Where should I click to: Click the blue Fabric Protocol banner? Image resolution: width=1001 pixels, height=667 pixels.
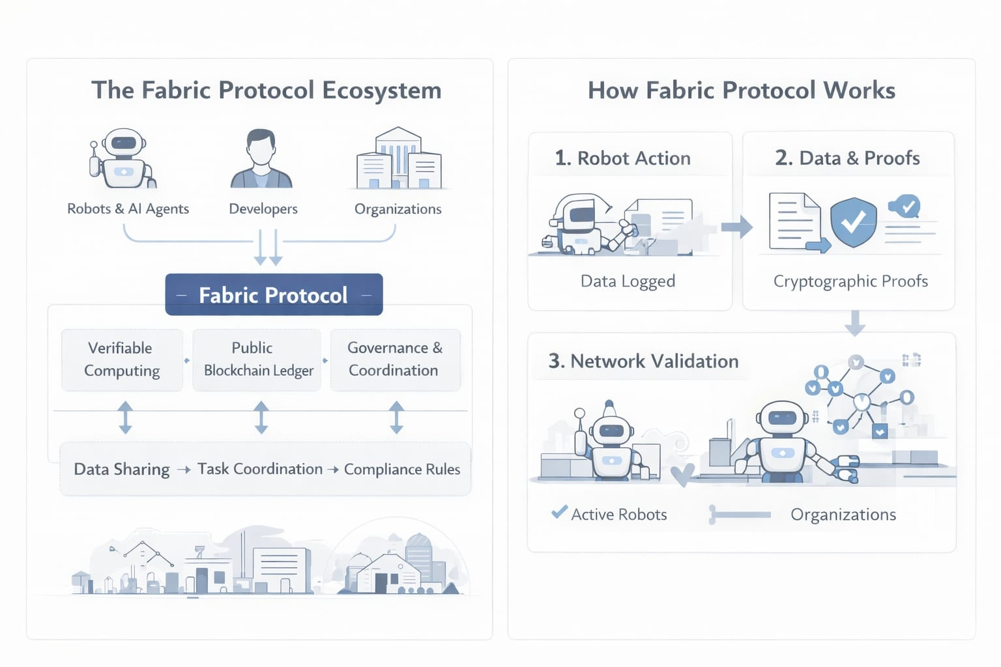tap(274, 295)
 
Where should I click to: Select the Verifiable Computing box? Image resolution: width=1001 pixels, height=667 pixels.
tap(122, 360)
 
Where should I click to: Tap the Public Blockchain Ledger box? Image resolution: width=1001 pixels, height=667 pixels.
tap(257, 360)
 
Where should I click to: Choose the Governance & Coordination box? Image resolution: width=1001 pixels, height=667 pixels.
tap(395, 360)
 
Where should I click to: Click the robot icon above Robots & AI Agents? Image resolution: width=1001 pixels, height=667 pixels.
tap(123, 158)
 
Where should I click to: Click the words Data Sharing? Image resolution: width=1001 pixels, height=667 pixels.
tap(122, 469)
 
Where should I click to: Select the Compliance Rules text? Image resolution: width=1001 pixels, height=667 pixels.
tap(402, 469)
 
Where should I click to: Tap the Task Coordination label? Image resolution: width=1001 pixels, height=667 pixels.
tap(260, 469)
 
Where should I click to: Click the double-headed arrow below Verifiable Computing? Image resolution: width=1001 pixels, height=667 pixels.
tap(125, 418)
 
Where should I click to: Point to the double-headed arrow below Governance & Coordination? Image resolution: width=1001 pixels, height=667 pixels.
tap(396, 418)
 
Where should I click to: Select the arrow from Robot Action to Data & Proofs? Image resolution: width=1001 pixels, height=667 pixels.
tap(737, 227)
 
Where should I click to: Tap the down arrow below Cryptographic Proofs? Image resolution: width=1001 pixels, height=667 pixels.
tap(854, 322)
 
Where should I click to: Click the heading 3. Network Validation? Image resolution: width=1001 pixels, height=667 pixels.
tap(644, 361)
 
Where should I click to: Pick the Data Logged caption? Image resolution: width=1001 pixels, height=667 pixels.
tap(628, 281)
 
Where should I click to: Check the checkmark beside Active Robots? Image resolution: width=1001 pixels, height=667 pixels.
tap(559, 513)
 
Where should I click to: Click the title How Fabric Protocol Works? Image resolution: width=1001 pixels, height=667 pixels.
tap(742, 90)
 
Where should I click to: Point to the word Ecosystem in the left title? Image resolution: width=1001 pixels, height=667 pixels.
tap(381, 90)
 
